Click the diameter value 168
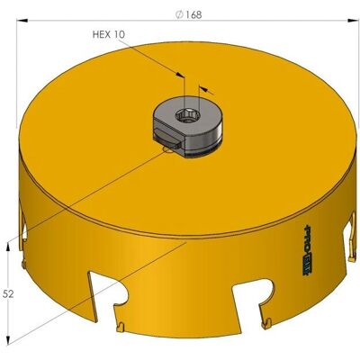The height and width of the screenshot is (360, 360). [x=193, y=15]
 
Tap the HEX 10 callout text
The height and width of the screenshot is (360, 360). [x=108, y=34]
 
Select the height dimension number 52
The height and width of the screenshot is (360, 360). [x=8, y=294]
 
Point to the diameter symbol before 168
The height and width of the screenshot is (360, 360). [x=179, y=15]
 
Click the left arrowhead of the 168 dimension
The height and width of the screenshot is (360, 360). [x=22, y=21]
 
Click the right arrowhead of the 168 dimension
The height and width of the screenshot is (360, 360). [x=353, y=21]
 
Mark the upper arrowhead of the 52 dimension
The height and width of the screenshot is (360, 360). [x=8, y=247]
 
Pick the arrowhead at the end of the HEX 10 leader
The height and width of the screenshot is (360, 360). [x=179, y=75]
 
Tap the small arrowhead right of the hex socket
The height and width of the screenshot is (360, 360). [x=203, y=88]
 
